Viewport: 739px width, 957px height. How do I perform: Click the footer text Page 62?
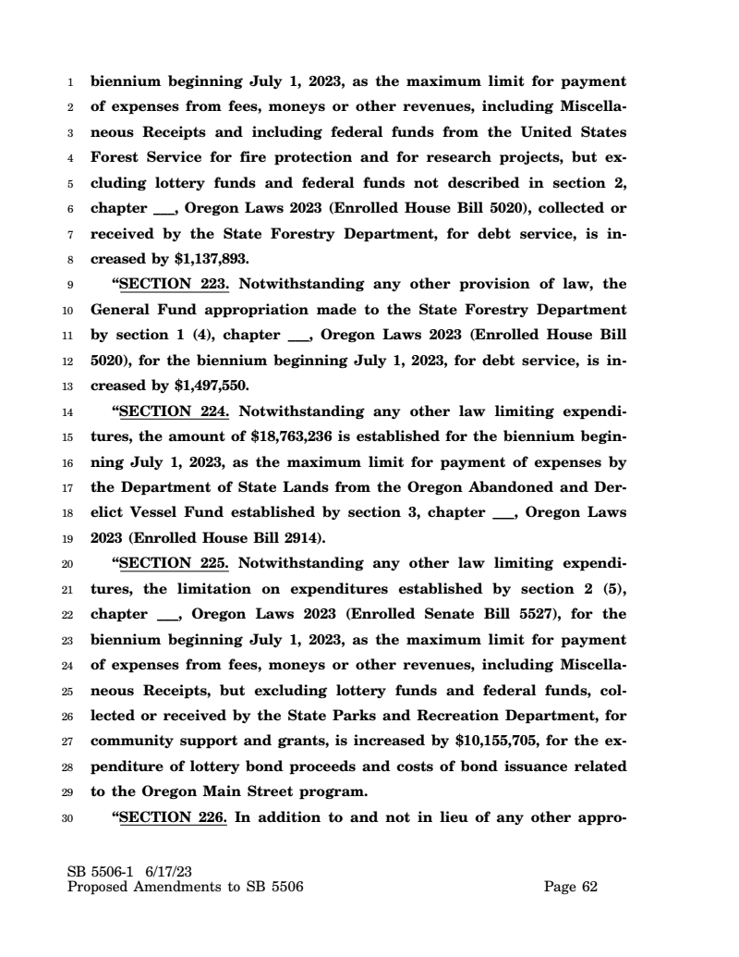click(x=571, y=887)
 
